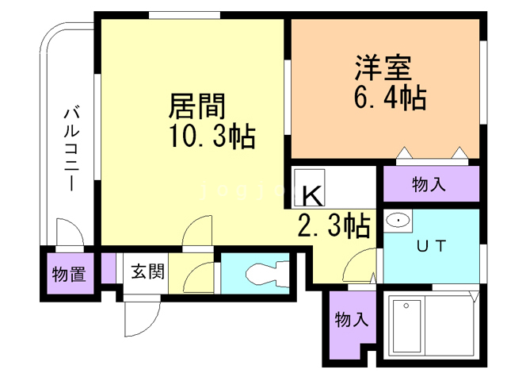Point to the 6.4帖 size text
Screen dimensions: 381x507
390,98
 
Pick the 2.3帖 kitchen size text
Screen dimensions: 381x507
334,226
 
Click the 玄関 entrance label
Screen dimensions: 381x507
147,272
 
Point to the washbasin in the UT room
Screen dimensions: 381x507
396,220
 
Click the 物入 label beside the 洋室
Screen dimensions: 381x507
429,185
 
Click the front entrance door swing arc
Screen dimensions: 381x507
137,317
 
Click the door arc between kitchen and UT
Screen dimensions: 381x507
364,263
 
